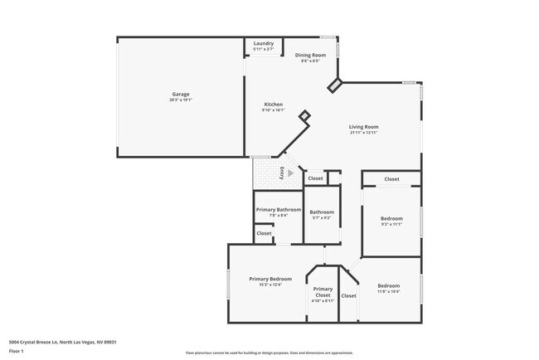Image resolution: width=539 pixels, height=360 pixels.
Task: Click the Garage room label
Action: coord(180,95)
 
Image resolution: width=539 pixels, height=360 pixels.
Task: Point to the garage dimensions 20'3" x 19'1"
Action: coord(180,101)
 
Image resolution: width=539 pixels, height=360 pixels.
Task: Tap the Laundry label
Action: coord(264,43)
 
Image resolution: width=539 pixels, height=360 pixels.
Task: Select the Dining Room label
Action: coord(311,55)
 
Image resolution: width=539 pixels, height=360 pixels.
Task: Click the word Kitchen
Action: coord(274,104)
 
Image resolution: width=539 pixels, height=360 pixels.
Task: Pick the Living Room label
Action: coord(363,127)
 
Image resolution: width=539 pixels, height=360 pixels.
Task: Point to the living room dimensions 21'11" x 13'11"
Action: coord(363,134)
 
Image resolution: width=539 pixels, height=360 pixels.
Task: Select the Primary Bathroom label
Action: coord(278,210)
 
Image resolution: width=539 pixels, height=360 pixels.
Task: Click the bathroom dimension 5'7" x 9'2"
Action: coord(322,218)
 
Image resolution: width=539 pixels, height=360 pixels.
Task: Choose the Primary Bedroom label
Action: coord(270,279)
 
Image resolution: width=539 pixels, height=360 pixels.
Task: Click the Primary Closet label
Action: coord(323,292)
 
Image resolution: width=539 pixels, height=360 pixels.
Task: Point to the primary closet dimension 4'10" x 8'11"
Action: coord(323,301)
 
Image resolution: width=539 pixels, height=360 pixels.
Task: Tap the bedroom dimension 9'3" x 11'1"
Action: coord(391,224)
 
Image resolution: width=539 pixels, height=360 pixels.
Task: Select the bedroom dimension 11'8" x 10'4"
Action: coord(389,291)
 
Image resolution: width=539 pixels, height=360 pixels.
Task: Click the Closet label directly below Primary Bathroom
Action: coord(264,234)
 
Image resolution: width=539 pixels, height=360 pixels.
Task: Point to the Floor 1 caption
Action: coord(17,351)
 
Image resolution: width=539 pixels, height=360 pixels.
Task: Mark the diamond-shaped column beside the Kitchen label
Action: coord(304,115)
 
